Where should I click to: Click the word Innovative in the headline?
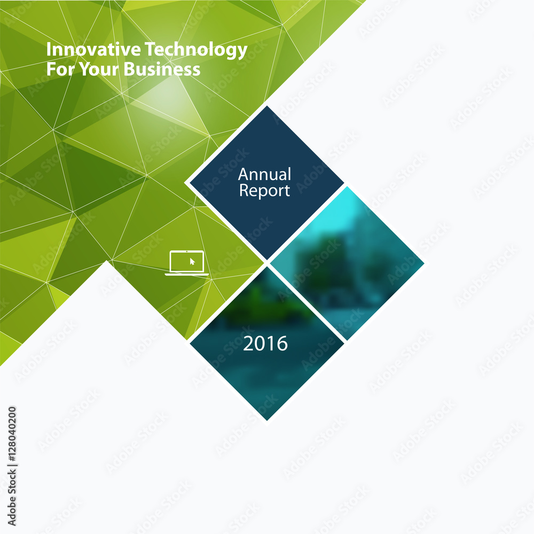coord(93,49)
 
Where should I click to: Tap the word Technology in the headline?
coord(196,50)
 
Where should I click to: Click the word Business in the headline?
coord(162,69)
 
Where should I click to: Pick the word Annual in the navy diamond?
coord(265,174)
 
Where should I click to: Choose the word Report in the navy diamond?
coord(265,191)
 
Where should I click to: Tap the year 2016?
coord(265,343)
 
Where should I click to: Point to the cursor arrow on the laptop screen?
coord(192,262)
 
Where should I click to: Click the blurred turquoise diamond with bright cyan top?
coord(347,263)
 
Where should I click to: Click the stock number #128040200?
coord(12,435)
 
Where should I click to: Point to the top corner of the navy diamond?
coord(266,106)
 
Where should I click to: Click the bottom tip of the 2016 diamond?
coord(266,421)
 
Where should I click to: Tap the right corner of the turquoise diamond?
coord(424,263)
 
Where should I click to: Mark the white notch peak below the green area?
coord(107,261)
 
